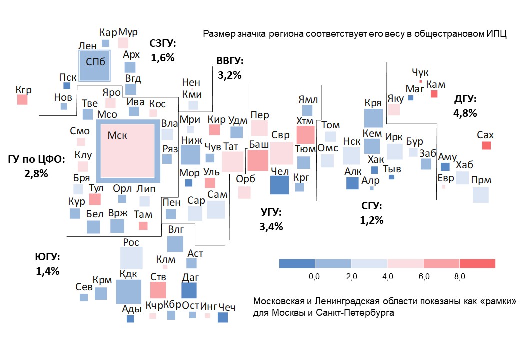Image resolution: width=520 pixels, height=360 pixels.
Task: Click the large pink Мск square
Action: [x=128, y=149]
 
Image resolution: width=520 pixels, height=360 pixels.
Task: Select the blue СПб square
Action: [x=94, y=67]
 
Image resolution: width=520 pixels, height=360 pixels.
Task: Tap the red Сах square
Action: [x=486, y=145]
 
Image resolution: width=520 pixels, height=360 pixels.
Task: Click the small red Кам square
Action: [x=434, y=94]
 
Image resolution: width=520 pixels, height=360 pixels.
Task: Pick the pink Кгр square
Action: [x=22, y=99]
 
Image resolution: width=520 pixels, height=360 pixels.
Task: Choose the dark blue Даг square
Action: [x=189, y=291]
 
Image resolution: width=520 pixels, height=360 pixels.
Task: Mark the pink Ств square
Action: [x=157, y=290]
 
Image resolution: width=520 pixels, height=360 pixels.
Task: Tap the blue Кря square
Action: [x=373, y=118]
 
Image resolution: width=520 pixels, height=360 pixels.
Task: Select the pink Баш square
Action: [x=258, y=160]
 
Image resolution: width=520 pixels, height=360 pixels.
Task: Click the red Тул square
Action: [x=95, y=199]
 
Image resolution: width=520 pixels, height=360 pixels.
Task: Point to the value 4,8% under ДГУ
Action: [x=465, y=113]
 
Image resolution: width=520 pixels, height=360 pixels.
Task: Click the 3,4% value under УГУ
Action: [x=271, y=226]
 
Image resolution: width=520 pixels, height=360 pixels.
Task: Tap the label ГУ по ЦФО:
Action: [x=36, y=160]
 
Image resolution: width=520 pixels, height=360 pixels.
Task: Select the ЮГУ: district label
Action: [x=47, y=257]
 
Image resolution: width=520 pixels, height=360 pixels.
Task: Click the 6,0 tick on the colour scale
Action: [x=423, y=276]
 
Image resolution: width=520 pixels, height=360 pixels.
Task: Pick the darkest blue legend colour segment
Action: [x=297, y=264]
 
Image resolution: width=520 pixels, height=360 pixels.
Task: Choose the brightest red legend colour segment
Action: [x=477, y=264]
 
